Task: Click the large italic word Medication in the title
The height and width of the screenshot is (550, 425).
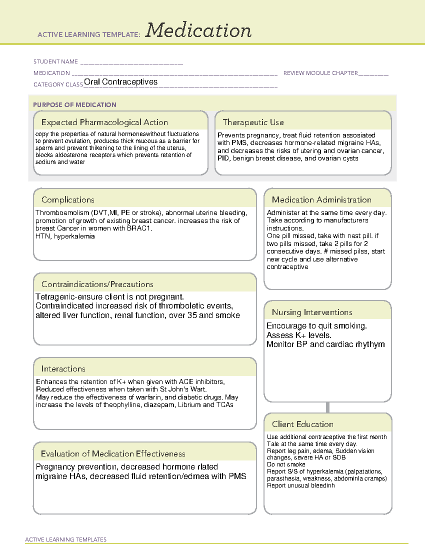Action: (x=198, y=30)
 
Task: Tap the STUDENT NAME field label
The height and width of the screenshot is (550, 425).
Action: (x=56, y=62)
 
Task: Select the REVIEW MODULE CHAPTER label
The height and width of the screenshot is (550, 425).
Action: (x=321, y=73)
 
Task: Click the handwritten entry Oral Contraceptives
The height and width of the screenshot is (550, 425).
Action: (x=121, y=82)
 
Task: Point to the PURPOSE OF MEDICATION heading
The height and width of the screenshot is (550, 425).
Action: (x=75, y=105)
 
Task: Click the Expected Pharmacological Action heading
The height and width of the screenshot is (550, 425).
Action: (x=104, y=122)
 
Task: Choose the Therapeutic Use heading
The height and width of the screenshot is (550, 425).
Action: (x=253, y=122)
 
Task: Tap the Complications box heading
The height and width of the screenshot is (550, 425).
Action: (x=68, y=200)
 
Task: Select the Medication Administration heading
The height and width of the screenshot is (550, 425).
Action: (x=322, y=200)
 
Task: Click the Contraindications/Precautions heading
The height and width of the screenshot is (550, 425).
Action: (x=97, y=284)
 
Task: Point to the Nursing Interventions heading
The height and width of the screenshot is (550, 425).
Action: (x=312, y=312)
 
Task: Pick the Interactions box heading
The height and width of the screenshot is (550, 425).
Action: (x=63, y=369)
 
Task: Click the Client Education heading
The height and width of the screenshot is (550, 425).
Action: (x=303, y=424)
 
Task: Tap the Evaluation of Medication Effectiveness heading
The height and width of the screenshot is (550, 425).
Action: (x=113, y=454)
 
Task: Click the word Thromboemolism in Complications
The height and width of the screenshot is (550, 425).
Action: (x=62, y=213)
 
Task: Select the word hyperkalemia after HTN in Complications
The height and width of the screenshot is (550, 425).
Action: (x=74, y=236)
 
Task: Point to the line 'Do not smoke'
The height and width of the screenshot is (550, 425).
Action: (x=286, y=464)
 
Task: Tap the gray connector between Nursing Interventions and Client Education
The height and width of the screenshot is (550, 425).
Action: (x=328, y=407)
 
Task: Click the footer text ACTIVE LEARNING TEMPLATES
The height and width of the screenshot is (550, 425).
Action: (x=66, y=539)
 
